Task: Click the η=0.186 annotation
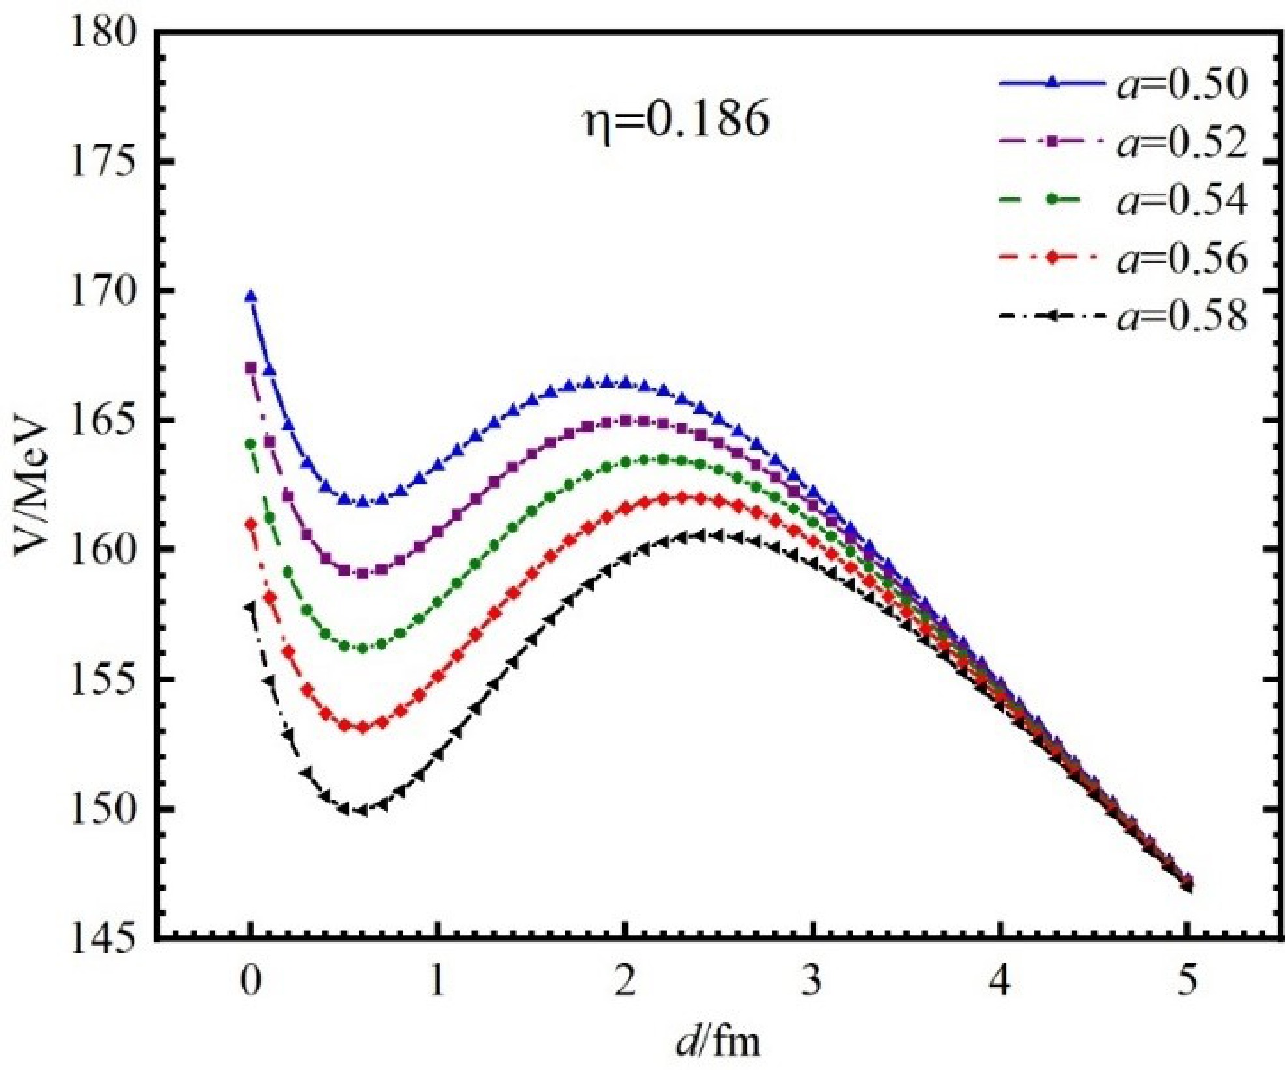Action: pyautogui.click(x=676, y=120)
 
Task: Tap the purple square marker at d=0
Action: pyautogui.click(x=251, y=368)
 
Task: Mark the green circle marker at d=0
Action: pyautogui.click(x=251, y=444)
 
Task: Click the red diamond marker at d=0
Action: pyautogui.click(x=251, y=523)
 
